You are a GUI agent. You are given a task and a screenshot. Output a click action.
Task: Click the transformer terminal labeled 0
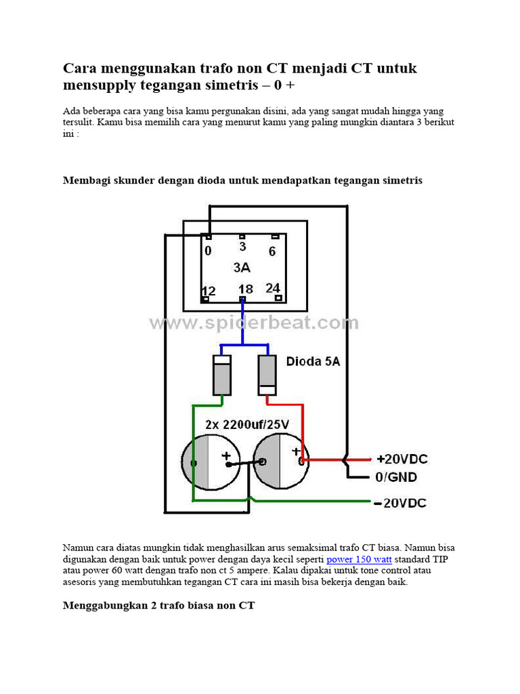[208, 251]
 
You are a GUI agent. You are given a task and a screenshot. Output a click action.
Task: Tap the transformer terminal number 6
[272, 251]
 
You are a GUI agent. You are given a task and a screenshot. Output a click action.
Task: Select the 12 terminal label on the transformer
[209, 291]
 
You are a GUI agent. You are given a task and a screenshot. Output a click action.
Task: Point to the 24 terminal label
[273, 288]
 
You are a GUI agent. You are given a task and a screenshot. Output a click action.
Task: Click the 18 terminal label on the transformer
[245, 289]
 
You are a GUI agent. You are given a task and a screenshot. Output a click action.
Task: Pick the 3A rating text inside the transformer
[242, 268]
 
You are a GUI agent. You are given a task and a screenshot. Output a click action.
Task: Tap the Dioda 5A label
[313, 362]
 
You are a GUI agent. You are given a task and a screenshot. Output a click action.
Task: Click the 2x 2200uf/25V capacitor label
[247, 424]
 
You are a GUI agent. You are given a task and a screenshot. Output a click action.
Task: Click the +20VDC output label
[402, 459]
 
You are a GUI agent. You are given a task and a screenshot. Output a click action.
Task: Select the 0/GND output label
[396, 477]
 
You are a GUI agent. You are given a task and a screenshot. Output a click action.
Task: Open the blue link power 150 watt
[359, 559]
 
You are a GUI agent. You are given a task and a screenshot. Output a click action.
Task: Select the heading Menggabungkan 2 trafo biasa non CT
[158, 605]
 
